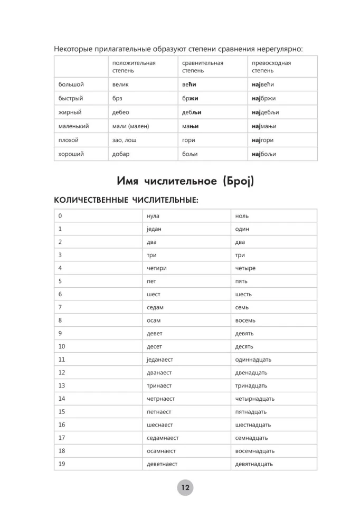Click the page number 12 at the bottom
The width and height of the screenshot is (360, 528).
(x=185, y=488)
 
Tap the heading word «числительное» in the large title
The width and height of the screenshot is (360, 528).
(x=179, y=181)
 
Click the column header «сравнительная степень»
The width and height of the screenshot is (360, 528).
(x=203, y=67)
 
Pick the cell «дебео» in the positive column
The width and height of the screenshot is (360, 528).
(x=121, y=112)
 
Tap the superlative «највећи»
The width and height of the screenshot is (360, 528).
(x=264, y=84)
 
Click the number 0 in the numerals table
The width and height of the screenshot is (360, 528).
(x=60, y=216)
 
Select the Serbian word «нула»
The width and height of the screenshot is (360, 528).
(x=153, y=216)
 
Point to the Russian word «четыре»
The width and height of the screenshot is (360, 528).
(x=245, y=268)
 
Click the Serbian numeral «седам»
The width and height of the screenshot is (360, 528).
(x=155, y=307)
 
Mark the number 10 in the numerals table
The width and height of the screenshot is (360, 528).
(x=62, y=346)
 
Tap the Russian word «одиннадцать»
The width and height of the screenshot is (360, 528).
(x=253, y=360)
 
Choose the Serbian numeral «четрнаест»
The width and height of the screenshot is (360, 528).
(x=160, y=399)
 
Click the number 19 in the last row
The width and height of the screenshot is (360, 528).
(x=62, y=464)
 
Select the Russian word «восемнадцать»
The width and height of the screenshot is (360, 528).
(x=255, y=451)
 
